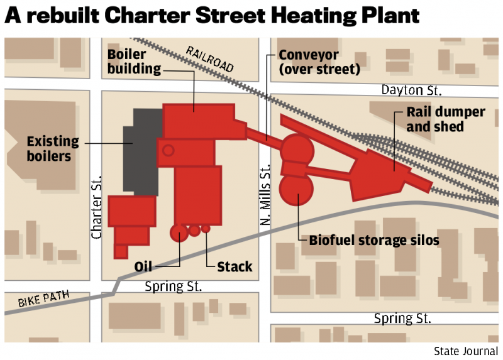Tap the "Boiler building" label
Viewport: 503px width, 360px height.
pyautogui.click(x=134, y=62)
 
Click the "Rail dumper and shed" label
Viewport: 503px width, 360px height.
pyautogui.click(x=445, y=119)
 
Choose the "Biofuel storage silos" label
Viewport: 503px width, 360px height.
pyautogui.click(x=374, y=241)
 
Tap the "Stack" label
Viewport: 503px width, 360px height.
pyautogui.click(x=235, y=267)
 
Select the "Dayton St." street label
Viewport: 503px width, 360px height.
pyautogui.click(x=412, y=90)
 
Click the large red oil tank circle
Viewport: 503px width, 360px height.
pyautogui.click(x=179, y=233)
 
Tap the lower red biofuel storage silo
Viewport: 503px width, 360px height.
pyautogui.click(x=297, y=190)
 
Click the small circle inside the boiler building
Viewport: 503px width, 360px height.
pyautogui.click(x=169, y=150)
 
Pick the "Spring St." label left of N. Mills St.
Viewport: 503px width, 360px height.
pyautogui.click(x=173, y=286)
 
